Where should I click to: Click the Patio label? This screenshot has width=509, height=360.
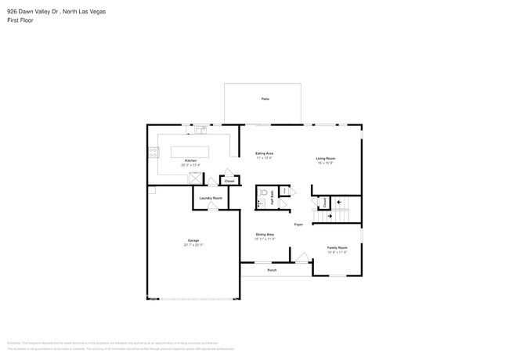click(x=265, y=99)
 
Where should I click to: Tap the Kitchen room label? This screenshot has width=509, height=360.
click(x=190, y=161)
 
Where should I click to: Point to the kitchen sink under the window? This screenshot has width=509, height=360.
click(x=201, y=128)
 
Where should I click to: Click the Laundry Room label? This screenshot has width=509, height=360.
click(x=211, y=198)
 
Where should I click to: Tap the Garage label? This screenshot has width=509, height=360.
click(x=193, y=240)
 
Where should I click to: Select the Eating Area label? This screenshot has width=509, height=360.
click(x=264, y=153)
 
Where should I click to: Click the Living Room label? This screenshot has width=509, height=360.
click(x=325, y=159)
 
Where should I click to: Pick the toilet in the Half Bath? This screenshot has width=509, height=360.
click(x=265, y=192)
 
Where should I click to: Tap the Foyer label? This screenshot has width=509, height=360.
click(x=298, y=225)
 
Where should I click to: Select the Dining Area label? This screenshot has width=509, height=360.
click(x=265, y=234)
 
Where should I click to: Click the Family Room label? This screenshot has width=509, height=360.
click(x=337, y=248)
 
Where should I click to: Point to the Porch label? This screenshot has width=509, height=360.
click(x=272, y=270)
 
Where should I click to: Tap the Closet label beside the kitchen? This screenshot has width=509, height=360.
click(x=229, y=181)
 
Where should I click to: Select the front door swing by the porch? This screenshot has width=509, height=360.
click(x=300, y=257)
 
